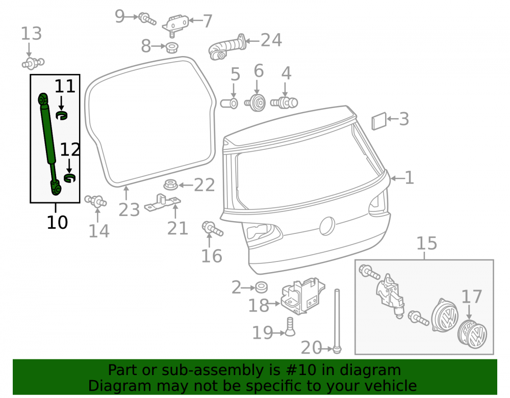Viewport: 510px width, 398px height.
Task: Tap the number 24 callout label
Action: click(271, 40)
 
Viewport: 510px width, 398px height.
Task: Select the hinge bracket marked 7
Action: click(175, 24)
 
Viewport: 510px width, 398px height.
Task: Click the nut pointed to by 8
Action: click(172, 47)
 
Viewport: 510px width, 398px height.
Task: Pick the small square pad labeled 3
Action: click(379, 121)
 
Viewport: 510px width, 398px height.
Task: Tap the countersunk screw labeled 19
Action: click(290, 327)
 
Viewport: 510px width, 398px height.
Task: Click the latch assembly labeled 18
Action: click(302, 296)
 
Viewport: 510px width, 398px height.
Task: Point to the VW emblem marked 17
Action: click(472, 335)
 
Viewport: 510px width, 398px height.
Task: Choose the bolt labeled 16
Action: click(212, 228)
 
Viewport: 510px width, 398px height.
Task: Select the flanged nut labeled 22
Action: click(170, 185)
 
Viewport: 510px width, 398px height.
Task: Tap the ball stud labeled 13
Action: click(33, 63)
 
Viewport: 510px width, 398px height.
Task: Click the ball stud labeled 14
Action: click(95, 201)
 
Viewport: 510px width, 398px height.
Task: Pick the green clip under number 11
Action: click(61, 115)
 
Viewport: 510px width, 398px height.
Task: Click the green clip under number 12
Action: click(69, 178)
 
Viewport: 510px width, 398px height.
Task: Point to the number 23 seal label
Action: click(129, 209)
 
